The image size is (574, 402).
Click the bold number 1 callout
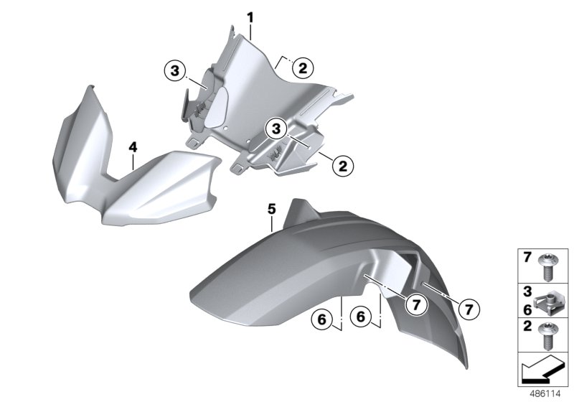point(250,17)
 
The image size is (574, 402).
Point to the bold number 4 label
point(133,147)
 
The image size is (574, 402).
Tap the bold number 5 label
point(272,209)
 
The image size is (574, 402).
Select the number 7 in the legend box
point(527,258)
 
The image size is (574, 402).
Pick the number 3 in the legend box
point(527,291)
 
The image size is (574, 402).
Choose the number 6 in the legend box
point(527,309)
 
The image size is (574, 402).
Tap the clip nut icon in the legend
point(547,301)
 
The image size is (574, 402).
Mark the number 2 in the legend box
point(527,325)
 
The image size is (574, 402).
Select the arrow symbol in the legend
point(542,370)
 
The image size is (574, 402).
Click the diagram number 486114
point(545,394)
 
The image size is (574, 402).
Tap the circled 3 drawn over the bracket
point(276,128)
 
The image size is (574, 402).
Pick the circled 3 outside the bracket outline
point(175,70)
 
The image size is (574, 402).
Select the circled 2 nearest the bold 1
point(303,68)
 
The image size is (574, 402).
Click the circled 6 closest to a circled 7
point(361,317)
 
